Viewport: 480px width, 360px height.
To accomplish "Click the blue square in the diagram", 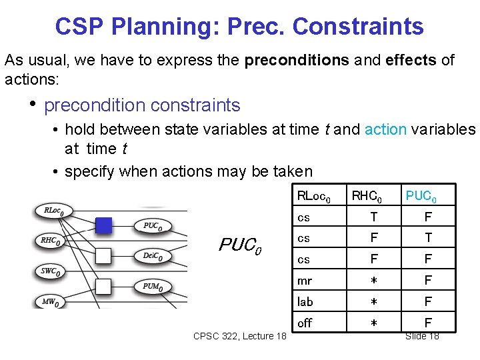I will (x=103, y=225).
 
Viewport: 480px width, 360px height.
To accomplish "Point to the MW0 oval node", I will (x=50, y=302).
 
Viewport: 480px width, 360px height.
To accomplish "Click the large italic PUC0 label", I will (x=240, y=245).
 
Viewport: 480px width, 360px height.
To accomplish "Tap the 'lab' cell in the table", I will (x=305, y=302).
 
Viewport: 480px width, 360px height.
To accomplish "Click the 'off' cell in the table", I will (x=305, y=323).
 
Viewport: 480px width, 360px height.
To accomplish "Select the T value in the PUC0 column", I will (x=429, y=238).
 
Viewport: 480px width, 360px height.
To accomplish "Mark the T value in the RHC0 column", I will (x=373, y=217).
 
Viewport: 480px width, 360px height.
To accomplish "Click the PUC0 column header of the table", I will (x=421, y=197).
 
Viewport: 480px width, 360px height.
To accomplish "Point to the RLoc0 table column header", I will (x=313, y=196).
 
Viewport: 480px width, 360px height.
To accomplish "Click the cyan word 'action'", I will (x=385, y=129).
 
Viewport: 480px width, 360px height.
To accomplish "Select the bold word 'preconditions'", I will (x=297, y=60).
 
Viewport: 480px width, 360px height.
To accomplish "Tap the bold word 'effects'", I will (x=412, y=60).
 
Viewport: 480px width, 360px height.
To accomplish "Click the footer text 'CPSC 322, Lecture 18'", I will (x=239, y=335).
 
